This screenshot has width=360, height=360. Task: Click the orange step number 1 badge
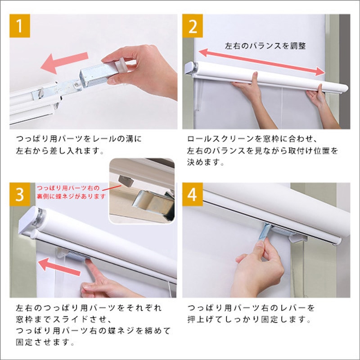(20, 27)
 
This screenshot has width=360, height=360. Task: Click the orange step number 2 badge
(193, 27)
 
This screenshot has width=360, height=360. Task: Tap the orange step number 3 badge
(20, 194)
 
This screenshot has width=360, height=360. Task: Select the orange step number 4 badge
(193, 194)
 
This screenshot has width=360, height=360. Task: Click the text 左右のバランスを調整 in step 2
(265, 45)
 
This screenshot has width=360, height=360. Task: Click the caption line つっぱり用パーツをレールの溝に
(79, 139)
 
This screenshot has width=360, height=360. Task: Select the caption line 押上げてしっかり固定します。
(250, 320)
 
